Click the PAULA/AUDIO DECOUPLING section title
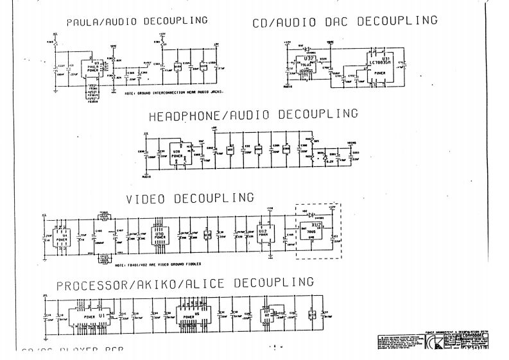(137, 21)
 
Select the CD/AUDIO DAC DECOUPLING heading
(345, 21)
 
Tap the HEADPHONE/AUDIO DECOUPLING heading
(253, 116)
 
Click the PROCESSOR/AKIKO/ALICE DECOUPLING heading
(185, 283)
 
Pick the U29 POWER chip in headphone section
(177, 156)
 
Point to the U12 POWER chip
(263, 234)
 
